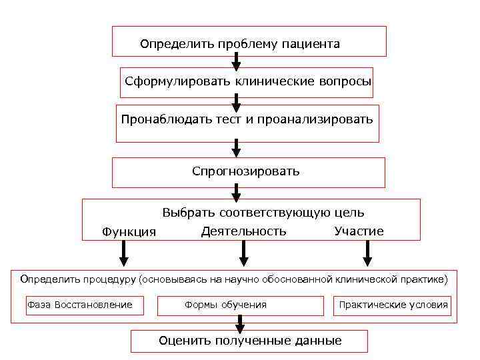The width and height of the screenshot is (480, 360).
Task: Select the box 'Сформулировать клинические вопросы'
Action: tap(247, 82)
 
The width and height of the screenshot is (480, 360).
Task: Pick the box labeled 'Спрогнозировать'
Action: tap(248, 172)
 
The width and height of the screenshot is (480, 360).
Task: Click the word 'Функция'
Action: tap(129, 232)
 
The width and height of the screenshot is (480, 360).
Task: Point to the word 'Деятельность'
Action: tap(243, 231)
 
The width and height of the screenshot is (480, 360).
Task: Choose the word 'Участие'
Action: tap(359, 231)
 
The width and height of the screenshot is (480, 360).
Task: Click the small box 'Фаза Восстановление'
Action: tap(79, 305)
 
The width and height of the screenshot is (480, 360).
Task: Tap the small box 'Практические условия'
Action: tap(393, 305)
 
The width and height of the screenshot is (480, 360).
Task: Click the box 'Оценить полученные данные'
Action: tap(249, 341)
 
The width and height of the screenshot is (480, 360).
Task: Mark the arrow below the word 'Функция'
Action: tap(125, 253)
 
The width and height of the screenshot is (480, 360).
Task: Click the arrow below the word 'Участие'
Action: tap(367, 253)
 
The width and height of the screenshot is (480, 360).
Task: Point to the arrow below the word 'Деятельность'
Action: tap(244, 253)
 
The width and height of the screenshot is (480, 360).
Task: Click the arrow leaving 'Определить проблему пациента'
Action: tap(236, 61)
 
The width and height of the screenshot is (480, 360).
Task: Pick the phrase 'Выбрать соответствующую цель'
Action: tap(263, 213)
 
